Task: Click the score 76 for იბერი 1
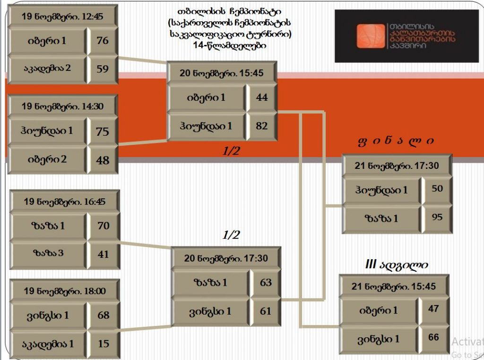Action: coord(103,41)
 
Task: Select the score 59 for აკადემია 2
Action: coord(103,69)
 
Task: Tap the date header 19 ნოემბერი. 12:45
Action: coord(62,16)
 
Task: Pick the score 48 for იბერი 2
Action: coord(103,160)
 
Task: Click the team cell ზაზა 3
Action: coord(49,253)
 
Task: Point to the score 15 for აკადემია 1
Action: coord(104,343)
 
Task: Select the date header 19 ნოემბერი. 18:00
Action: coord(65,291)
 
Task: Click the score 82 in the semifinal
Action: coord(262,126)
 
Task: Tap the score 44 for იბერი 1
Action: coord(262,97)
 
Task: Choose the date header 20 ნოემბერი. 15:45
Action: coord(222,73)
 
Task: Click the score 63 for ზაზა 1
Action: coord(266,282)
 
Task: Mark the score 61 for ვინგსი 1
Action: coord(266,311)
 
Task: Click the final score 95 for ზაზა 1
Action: coord(437,217)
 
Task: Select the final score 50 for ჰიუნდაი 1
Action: coord(437,188)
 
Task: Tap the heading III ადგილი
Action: coord(397,265)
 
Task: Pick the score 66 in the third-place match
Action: coord(434,337)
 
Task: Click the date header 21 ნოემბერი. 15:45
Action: coord(394,287)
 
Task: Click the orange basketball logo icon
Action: coord(371,36)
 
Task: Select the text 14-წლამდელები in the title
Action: coord(230,45)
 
